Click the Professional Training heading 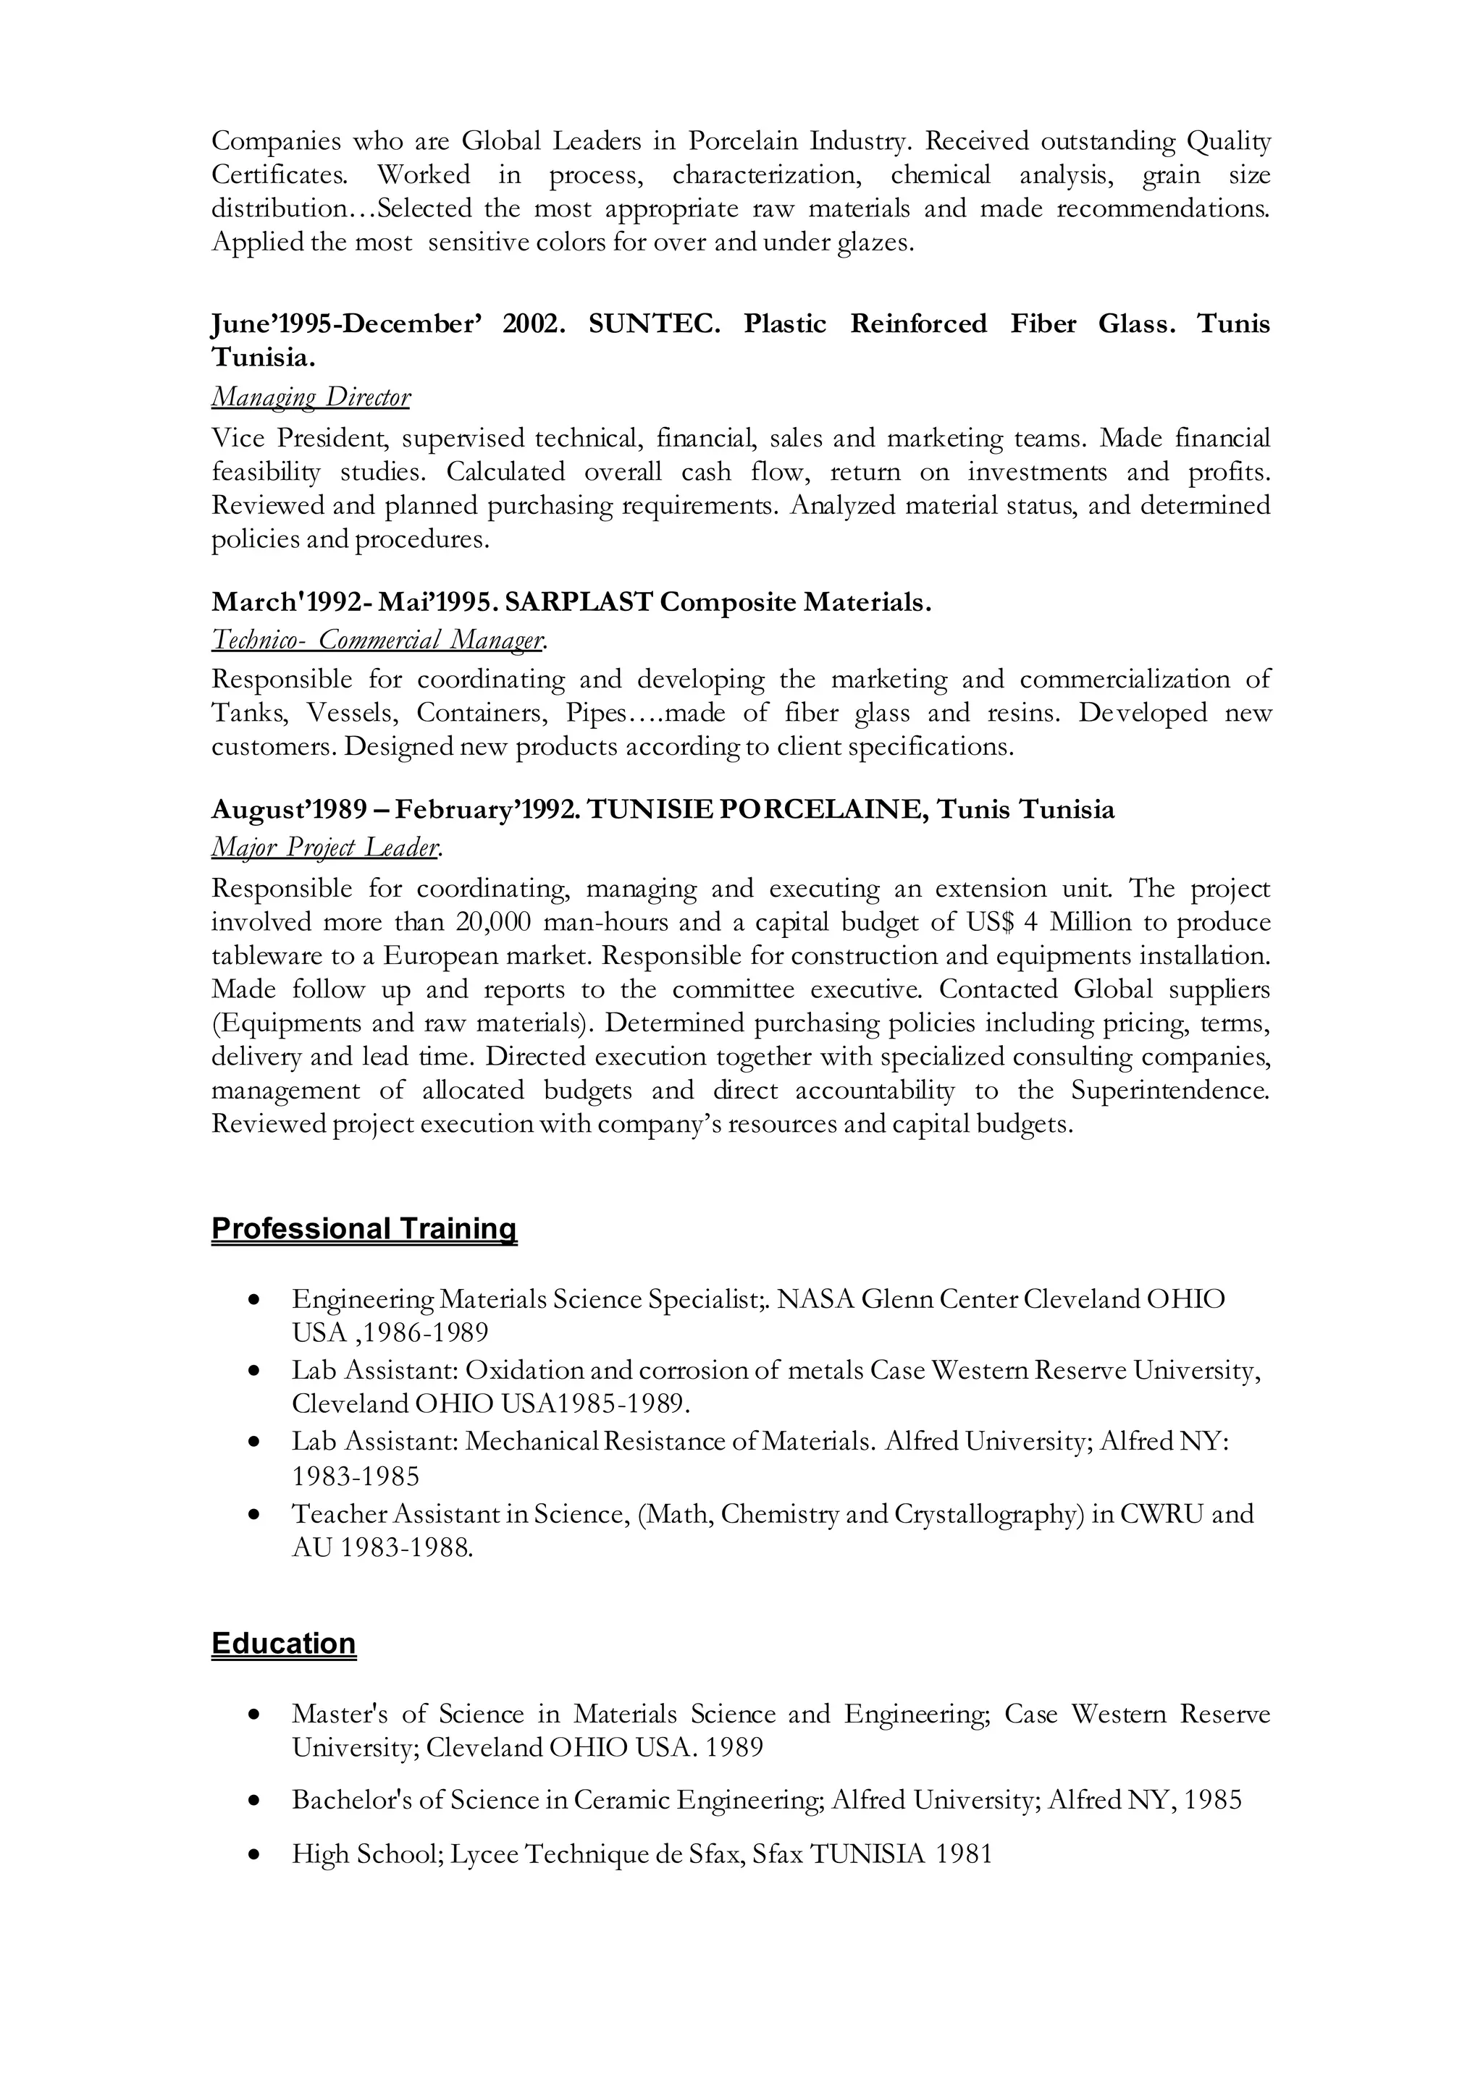tap(364, 1229)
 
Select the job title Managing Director tap(311, 397)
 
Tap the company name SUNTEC tap(653, 324)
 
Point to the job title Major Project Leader tap(325, 848)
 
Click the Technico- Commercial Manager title tap(378, 640)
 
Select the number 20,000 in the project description tap(493, 922)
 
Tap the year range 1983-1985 tap(356, 1476)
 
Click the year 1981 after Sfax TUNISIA tap(962, 1854)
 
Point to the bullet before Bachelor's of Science tap(255, 1801)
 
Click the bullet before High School tap(255, 1855)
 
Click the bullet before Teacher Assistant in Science tap(255, 1516)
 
